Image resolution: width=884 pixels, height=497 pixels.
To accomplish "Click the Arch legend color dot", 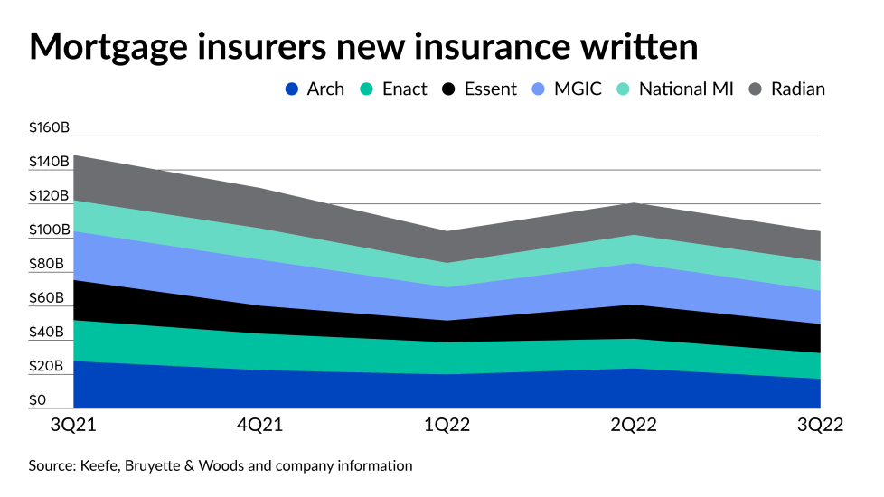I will coord(291,89).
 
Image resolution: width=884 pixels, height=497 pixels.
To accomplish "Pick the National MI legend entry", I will coord(673,89).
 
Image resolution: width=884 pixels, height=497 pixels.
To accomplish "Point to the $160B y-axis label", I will coord(50,127).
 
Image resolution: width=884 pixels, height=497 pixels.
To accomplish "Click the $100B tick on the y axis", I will coord(50,230).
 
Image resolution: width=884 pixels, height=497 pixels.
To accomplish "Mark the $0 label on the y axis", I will coord(38,400).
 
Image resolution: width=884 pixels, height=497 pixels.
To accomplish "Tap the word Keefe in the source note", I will coord(101,466).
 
